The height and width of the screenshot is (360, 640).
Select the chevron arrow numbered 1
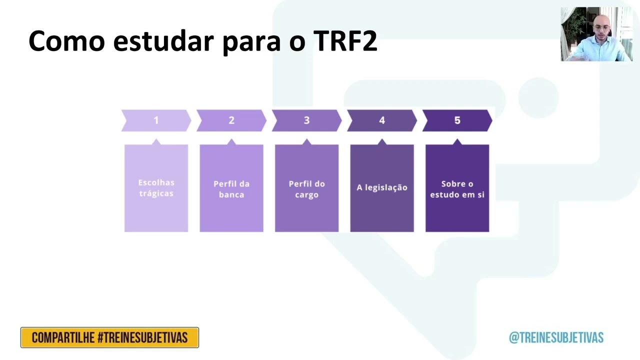tap(156, 120)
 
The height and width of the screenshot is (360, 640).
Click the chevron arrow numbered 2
tap(231, 120)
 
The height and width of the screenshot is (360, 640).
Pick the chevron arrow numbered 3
tap(306, 120)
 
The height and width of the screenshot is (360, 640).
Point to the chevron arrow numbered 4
tap(382, 120)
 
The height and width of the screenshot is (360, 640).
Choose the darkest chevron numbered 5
tap(457, 120)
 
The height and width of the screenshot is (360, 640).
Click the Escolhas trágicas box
tap(156, 188)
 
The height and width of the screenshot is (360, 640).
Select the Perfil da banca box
tap(231, 188)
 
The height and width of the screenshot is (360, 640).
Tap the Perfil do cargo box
tap(306, 188)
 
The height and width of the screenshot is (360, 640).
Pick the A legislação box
tap(382, 188)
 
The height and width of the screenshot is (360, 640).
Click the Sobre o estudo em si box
tap(457, 188)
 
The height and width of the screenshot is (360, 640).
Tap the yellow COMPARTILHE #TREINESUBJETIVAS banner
tap(109, 337)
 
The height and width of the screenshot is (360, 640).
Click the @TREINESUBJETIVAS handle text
tap(556, 337)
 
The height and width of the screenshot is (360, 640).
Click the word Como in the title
tap(66, 41)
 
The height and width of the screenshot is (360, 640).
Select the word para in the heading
tap(251, 41)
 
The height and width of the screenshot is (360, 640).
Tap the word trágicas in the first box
tap(156, 193)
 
